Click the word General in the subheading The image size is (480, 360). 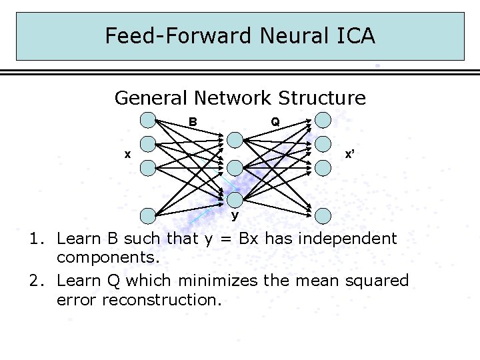click(151, 98)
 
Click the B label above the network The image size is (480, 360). click(192, 122)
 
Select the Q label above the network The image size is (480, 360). click(275, 122)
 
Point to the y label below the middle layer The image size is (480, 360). click(235, 216)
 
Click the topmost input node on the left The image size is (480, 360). click(147, 120)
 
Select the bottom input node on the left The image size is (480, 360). click(147, 215)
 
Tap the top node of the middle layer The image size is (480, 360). click(235, 139)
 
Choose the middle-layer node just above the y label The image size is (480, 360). click(235, 199)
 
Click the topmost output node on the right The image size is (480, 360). click(323, 120)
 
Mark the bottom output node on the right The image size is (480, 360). click(323, 215)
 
